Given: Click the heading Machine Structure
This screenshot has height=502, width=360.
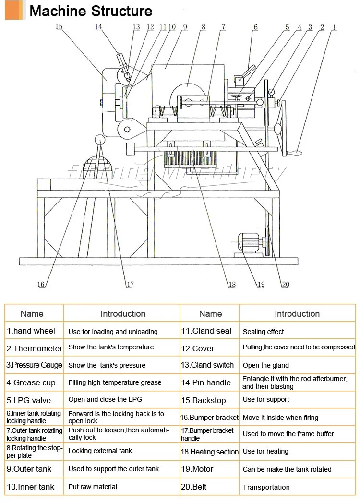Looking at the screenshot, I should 91,11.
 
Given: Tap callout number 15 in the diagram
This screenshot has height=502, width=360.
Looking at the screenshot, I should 59,27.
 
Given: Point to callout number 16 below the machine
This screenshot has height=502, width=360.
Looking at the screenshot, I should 41,285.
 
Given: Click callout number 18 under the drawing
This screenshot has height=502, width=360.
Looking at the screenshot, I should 232,285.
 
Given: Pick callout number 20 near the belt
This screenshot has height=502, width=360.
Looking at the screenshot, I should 285,285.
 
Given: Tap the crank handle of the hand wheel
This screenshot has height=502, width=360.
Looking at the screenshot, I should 294,154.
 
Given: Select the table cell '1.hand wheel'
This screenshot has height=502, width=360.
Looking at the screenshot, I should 31,331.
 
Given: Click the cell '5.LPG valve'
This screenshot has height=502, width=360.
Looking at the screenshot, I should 28,400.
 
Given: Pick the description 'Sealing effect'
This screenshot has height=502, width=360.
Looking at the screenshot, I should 263,332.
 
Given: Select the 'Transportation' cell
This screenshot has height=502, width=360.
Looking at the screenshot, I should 266,487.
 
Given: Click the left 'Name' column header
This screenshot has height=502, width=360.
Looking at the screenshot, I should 32,314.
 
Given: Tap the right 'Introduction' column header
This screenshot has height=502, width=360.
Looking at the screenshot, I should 297,314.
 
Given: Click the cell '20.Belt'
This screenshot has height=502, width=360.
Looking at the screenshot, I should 193,487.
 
